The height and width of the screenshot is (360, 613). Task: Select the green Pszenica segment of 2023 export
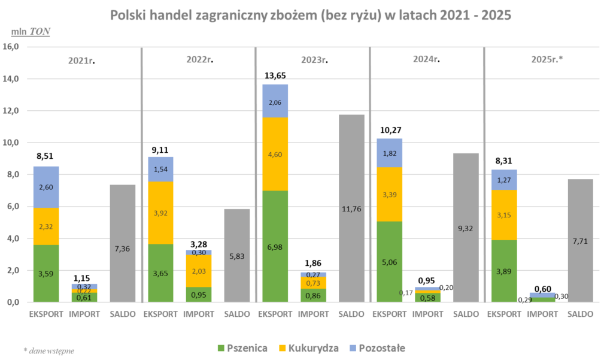point(275,246)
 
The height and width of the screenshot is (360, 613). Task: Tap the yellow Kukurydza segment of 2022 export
point(161,213)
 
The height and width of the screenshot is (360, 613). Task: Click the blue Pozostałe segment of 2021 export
point(46,187)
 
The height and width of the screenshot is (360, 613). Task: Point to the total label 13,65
point(275,75)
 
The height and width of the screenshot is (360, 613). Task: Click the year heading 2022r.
point(199,60)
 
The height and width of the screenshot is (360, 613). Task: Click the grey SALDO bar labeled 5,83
point(237,256)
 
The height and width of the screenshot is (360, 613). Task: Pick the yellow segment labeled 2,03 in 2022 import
point(199,271)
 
